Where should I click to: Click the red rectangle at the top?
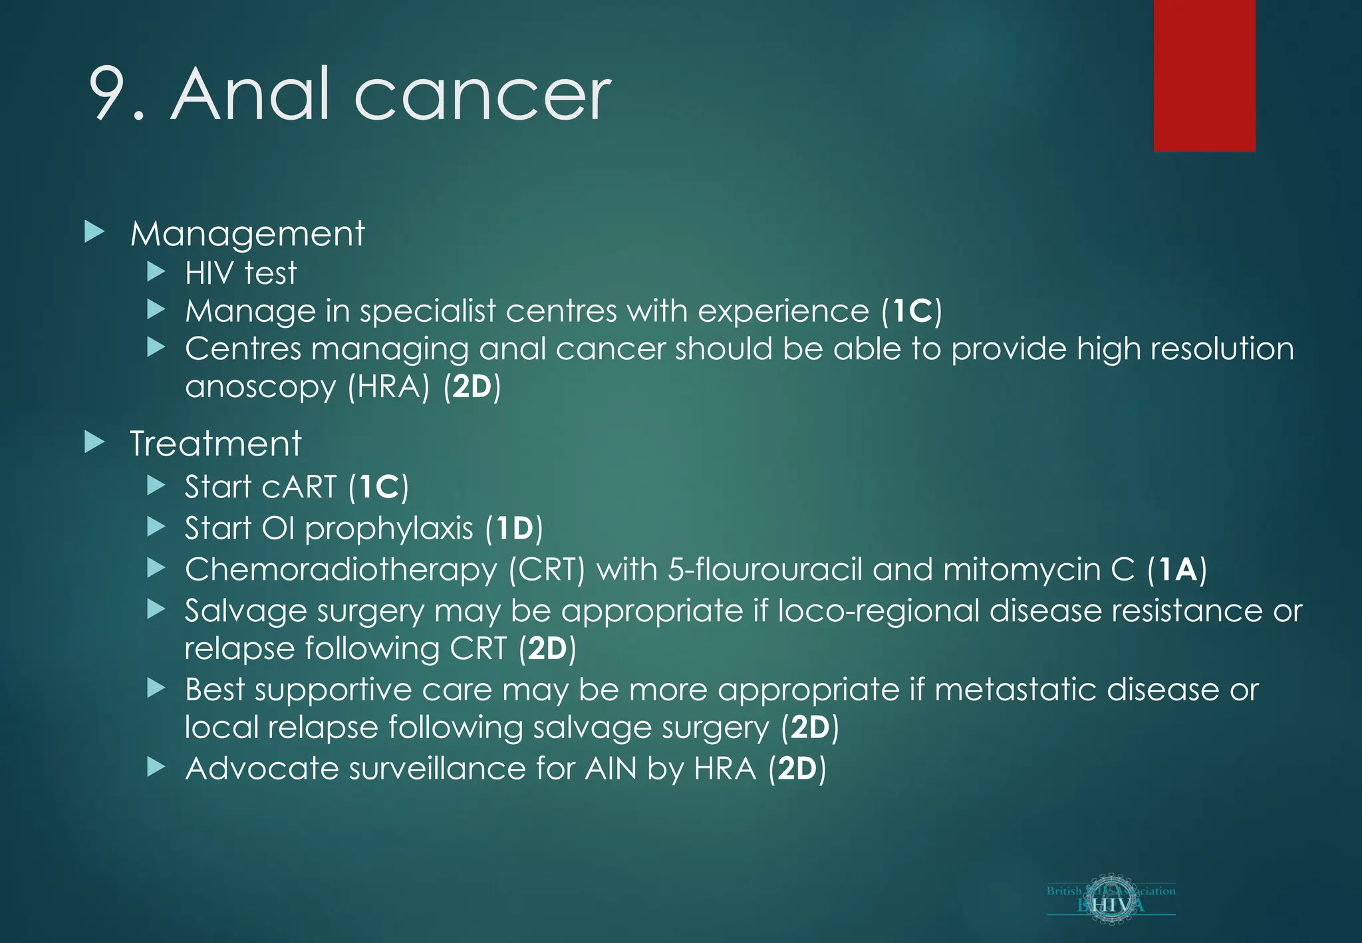coord(1204,75)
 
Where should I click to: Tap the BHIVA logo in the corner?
coord(1111,900)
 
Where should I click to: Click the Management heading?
coord(247,234)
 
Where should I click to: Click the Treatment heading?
coord(215,444)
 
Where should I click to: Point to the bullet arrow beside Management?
coord(95,232)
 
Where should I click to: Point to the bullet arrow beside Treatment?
coord(95,442)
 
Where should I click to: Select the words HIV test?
coord(240,273)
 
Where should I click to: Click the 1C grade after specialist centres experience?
coord(912,311)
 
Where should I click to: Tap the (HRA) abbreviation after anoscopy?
coord(390,386)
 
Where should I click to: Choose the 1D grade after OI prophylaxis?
coord(514,529)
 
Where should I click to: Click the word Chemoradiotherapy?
coord(341,570)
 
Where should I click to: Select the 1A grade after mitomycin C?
coord(1177,570)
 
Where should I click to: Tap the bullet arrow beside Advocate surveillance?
coord(156,767)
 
